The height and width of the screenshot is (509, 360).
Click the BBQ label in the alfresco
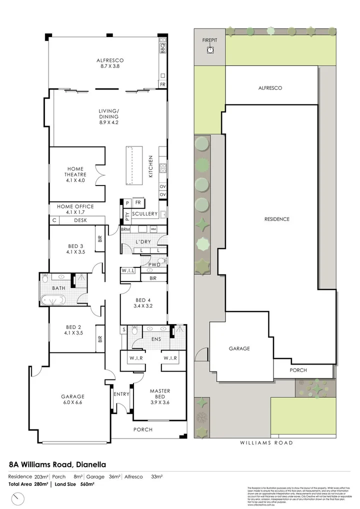[162, 48]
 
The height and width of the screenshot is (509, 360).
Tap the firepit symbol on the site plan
[210, 50]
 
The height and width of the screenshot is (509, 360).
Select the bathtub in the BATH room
[53, 301]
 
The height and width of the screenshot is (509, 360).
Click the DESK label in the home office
[80, 220]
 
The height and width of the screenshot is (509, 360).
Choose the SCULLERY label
[145, 214]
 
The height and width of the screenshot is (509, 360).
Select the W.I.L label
[127, 271]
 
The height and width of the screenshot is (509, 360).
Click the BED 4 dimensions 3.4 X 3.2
[143, 306]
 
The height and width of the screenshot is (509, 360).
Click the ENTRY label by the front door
[121, 394]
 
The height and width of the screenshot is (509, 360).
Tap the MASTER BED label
[160, 394]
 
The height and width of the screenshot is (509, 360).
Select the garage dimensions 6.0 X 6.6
[73, 403]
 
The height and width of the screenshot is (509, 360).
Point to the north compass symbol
[19, 498]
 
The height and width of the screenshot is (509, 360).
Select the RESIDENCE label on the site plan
[276, 219]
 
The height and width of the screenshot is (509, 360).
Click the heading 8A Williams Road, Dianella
[57, 464]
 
